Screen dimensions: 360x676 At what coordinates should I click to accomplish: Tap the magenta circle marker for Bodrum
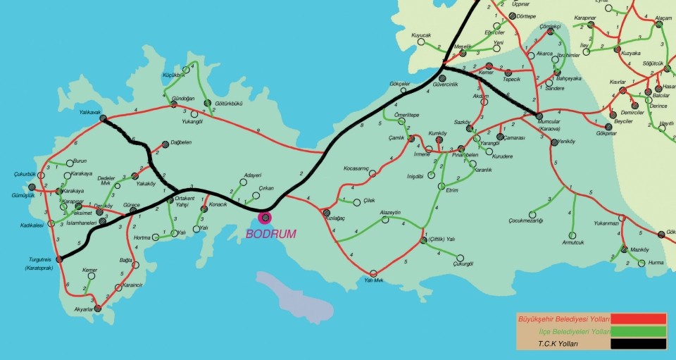coord(265,218)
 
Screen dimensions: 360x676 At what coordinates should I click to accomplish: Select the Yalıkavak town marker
coord(103,119)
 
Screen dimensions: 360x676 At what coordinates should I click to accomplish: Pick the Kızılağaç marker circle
coord(326,211)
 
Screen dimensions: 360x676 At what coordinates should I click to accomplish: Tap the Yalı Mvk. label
coord(373,281)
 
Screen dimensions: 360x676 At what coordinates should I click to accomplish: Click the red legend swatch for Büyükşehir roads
coord(639,319)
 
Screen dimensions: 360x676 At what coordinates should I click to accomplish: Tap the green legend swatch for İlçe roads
coord(639,331)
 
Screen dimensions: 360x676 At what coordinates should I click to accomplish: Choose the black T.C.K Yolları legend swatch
coord(639,344)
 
